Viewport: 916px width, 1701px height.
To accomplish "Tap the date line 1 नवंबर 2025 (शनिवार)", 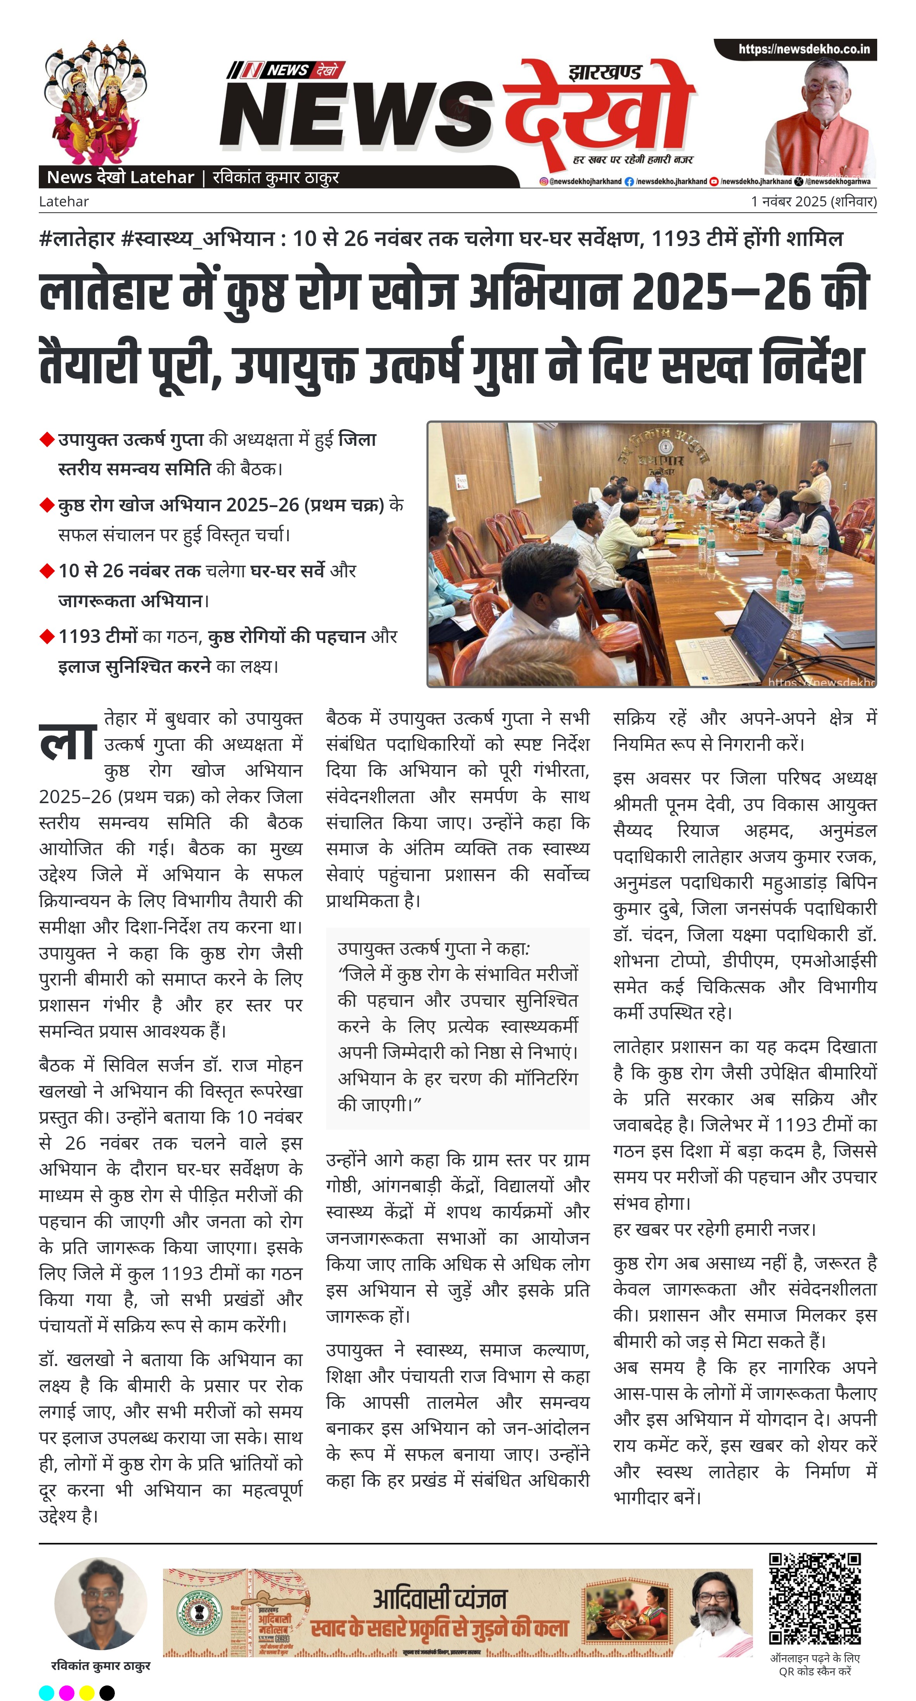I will pos(813,201).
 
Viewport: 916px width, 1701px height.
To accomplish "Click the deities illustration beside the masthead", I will pos(95,102).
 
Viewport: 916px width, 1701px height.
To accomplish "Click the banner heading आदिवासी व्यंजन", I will pos(440,1598).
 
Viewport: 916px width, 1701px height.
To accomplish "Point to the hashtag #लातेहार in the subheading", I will pos(76,238).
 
